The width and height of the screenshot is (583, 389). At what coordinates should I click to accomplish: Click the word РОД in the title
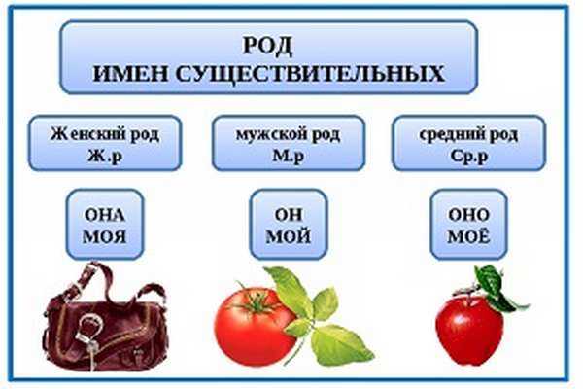tap(268, 45)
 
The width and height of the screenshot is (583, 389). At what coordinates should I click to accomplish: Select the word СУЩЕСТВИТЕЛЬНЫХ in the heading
tap(310, 74)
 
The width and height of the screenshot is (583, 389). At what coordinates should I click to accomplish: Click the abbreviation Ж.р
tap(105, 156)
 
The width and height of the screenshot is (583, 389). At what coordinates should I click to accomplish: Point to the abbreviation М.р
tap(289, 156)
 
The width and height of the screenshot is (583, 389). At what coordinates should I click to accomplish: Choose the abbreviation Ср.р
tap(469, 156)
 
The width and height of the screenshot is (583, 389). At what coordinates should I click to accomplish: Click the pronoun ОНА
tap(105, 215)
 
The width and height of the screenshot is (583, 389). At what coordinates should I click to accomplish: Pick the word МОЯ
tap(105, 236)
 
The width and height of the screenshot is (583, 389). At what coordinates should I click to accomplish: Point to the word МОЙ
tap(289, 236)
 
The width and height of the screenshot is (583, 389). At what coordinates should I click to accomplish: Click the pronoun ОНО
tap(469, 215)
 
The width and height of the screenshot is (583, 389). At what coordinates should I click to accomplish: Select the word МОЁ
tap(469, 235)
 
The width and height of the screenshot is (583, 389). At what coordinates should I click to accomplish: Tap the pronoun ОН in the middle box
tap(289, 215)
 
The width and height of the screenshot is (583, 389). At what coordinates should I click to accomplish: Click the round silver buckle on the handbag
tap(90, 328)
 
